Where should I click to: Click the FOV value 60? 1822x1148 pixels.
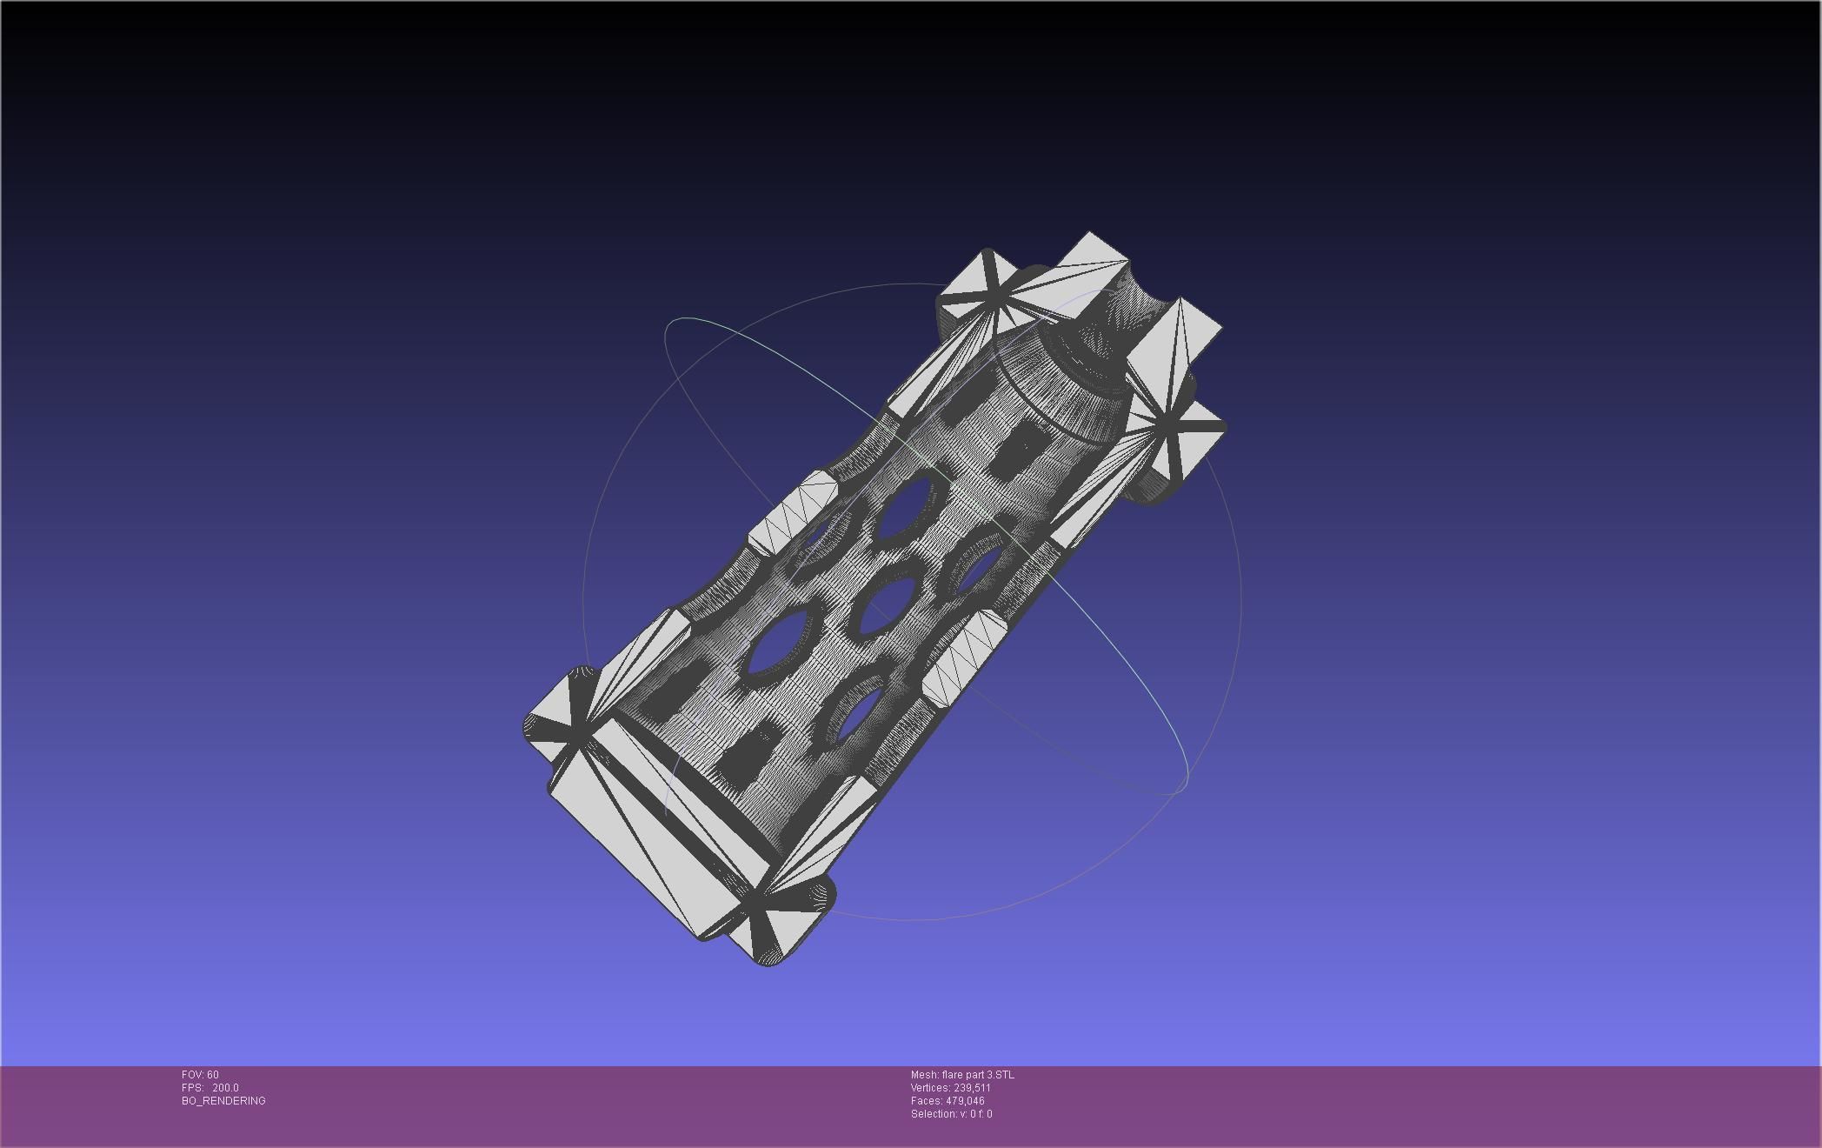coord(213,1075)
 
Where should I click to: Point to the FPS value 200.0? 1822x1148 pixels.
coord(225,1088)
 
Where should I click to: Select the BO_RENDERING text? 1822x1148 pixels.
coord(223,1101)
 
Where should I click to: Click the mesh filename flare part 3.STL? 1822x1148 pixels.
coord(977,1075)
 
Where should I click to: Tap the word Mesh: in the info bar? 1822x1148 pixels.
coord(924,1075)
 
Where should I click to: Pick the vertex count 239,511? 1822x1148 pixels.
coord(972,1088)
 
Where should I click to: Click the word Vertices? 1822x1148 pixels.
coord(930,1088)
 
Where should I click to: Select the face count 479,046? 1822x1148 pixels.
coord(965,1101)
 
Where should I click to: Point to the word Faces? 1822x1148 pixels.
coord(927,1101)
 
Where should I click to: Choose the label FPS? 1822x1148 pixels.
coord(192,1088)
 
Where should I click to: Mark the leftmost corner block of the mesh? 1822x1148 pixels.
coord(556,722)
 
